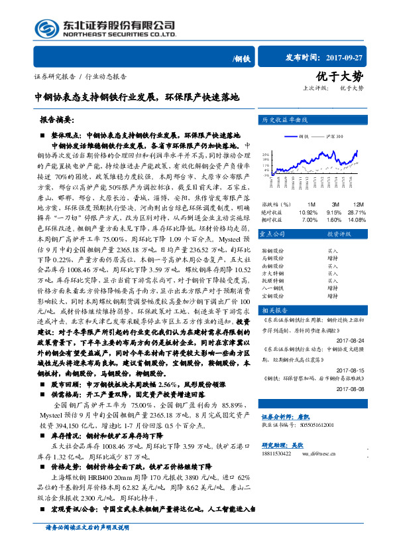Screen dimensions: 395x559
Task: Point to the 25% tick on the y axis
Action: pos(265,153)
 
